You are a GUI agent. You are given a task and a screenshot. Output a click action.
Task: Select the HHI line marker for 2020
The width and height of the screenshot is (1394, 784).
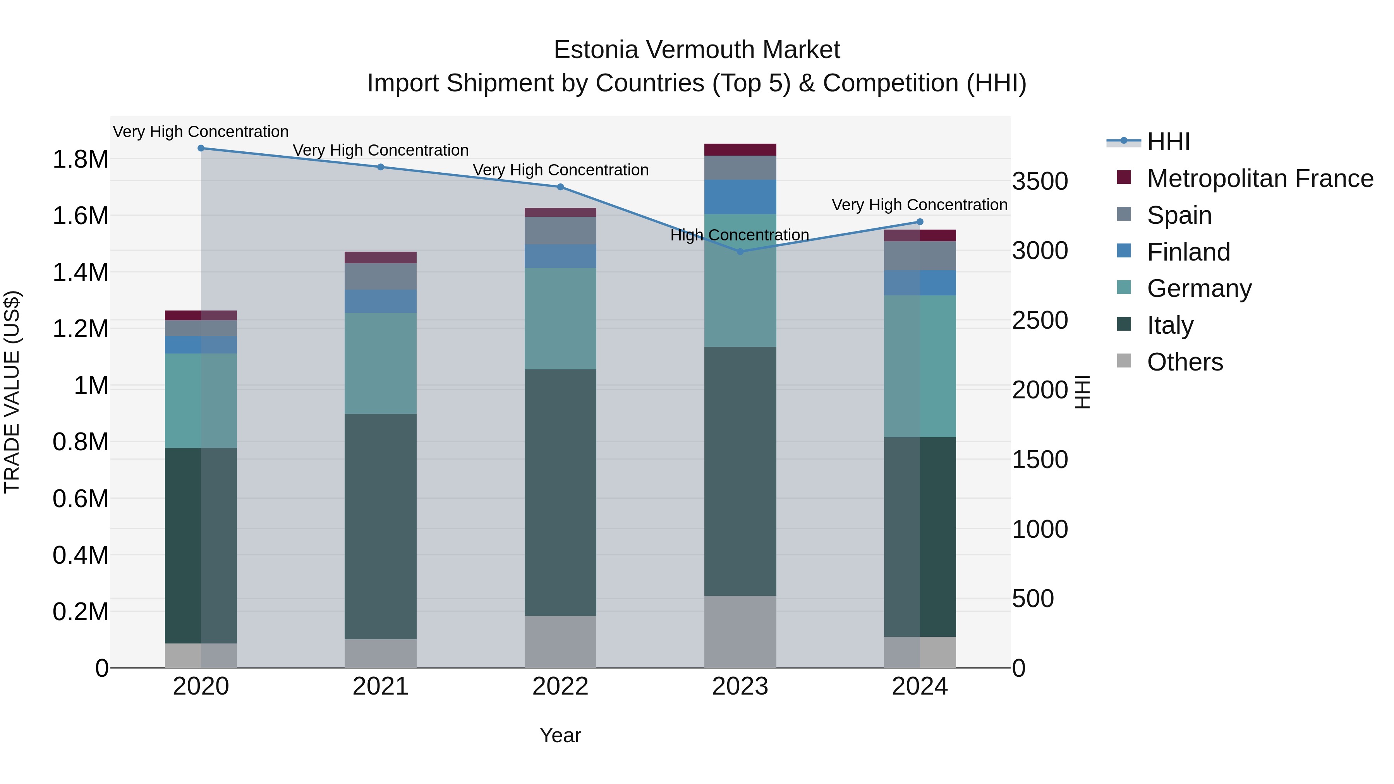(201, 148)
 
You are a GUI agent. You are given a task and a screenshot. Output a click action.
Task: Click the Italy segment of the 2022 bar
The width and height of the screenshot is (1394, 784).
(560, 492)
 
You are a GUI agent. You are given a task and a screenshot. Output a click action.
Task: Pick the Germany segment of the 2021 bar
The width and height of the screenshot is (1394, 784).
(380, 363)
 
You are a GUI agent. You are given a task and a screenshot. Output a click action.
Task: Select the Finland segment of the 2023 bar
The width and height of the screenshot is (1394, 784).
(740, 197)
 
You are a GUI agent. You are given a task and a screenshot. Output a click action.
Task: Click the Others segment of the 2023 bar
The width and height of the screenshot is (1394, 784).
(740, 631)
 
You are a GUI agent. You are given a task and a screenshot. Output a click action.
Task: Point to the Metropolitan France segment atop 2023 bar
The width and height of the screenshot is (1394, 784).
(740, 150)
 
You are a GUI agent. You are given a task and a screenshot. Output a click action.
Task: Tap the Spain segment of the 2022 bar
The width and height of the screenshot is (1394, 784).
(560, 230)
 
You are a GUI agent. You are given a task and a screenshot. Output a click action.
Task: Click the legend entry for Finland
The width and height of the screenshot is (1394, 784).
(1188, 252)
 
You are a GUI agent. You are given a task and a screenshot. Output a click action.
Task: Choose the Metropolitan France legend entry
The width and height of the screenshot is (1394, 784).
(1259, 178)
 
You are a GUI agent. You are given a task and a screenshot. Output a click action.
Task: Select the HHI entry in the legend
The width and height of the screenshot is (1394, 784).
(1168, 142)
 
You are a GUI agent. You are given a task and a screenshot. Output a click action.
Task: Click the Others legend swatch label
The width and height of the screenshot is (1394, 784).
(1185, 362)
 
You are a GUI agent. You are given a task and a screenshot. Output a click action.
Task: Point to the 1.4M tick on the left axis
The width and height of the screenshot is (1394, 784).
(80, 272)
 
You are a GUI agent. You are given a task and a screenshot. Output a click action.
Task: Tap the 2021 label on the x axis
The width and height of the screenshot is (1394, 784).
(380, 686)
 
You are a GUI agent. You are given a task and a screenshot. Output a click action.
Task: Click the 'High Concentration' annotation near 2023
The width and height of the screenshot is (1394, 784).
(739, 235)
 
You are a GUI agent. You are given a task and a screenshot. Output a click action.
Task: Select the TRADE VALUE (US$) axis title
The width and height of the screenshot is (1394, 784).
(12, 392)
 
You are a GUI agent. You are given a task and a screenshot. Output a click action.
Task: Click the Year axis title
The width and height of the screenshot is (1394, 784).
(560, 735)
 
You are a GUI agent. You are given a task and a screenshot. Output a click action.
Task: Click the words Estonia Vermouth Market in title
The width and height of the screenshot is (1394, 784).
(697, 50)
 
